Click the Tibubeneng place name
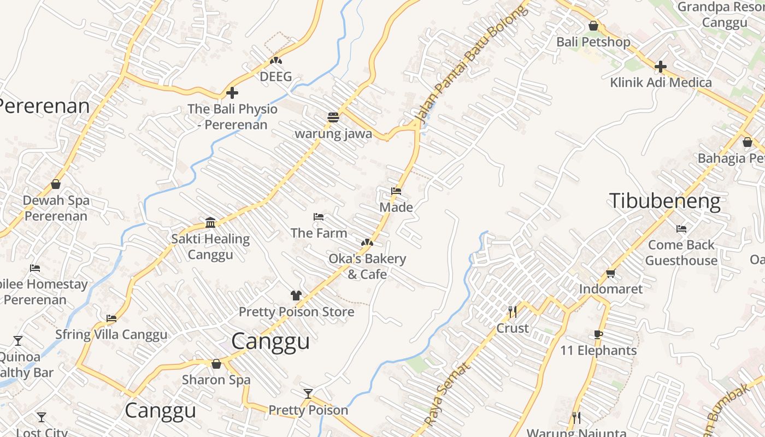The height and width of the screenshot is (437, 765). [664, 202]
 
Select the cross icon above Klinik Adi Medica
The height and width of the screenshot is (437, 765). [661, 67]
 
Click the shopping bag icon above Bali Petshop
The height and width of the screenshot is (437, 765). [593, 26]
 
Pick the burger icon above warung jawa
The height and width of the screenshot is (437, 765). [333, 117]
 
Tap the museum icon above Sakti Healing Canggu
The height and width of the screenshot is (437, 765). [210, 222]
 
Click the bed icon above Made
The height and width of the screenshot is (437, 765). [396, 191]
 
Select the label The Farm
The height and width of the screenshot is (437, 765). [319, 233]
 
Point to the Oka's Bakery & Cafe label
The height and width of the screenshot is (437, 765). [367, 266]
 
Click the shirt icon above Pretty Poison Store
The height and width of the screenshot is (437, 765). [296, 296]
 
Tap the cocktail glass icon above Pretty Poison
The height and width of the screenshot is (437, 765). [308, 394]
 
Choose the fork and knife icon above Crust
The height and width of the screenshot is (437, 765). [513, 312]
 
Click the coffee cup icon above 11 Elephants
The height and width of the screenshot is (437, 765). [598, 334]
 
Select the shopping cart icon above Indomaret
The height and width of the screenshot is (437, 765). [610, 273]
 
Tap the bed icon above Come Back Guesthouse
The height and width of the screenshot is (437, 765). [681, 229]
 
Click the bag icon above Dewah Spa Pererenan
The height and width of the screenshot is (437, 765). [56, 184]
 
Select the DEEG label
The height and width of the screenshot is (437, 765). [276, 76]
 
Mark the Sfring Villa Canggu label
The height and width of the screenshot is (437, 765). [111, 334]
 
